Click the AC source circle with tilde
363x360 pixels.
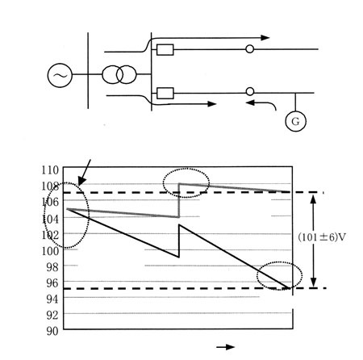coord(60,75)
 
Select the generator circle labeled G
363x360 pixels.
coord(295,121)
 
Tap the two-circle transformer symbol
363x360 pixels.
coord(119,74)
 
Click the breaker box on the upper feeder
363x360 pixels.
coord(165,49)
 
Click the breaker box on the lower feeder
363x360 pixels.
coord(165,94)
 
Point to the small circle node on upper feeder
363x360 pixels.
coord(250,49)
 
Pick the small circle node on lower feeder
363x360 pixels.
coord(250,92)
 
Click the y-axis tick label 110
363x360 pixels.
coord(50,170)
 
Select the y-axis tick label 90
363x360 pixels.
coord(52,331)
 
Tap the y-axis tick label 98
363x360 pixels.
coord(52,267)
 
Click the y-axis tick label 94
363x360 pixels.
coord(52,299)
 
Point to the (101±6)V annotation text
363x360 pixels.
coord(322,237)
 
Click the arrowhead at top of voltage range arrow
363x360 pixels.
coord(313,199)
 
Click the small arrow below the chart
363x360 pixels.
coord(226,347)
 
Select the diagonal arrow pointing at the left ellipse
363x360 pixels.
coord(84,173)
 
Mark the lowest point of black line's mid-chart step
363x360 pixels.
coord(179,257)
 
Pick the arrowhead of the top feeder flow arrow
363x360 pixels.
coord(265,38)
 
